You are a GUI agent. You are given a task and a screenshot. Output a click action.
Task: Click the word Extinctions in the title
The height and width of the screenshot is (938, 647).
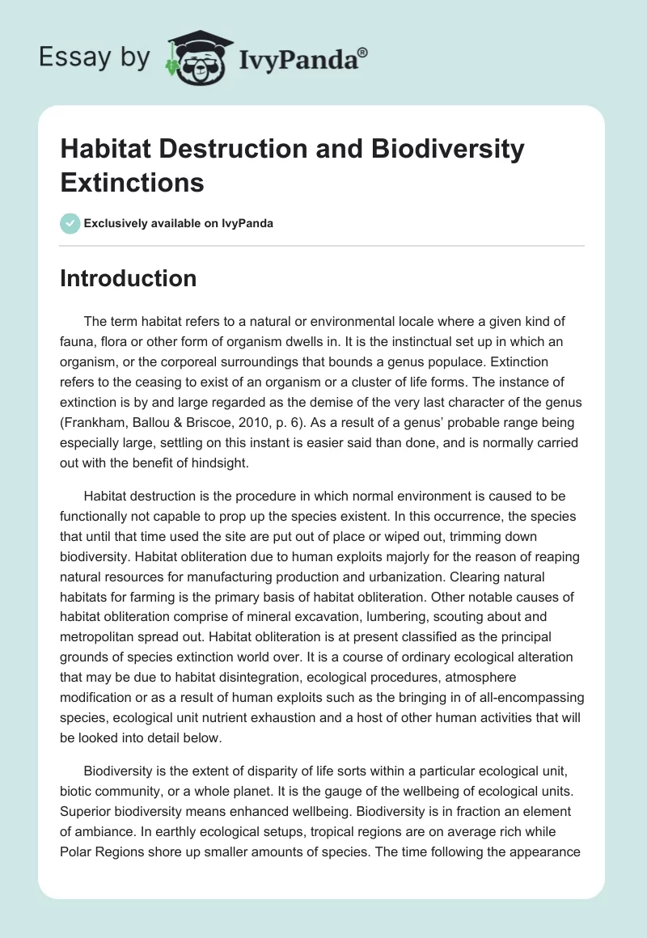132,182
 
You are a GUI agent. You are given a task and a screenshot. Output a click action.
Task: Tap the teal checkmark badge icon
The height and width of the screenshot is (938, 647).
70,223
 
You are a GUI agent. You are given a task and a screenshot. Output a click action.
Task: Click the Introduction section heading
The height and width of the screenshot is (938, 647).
128,278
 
